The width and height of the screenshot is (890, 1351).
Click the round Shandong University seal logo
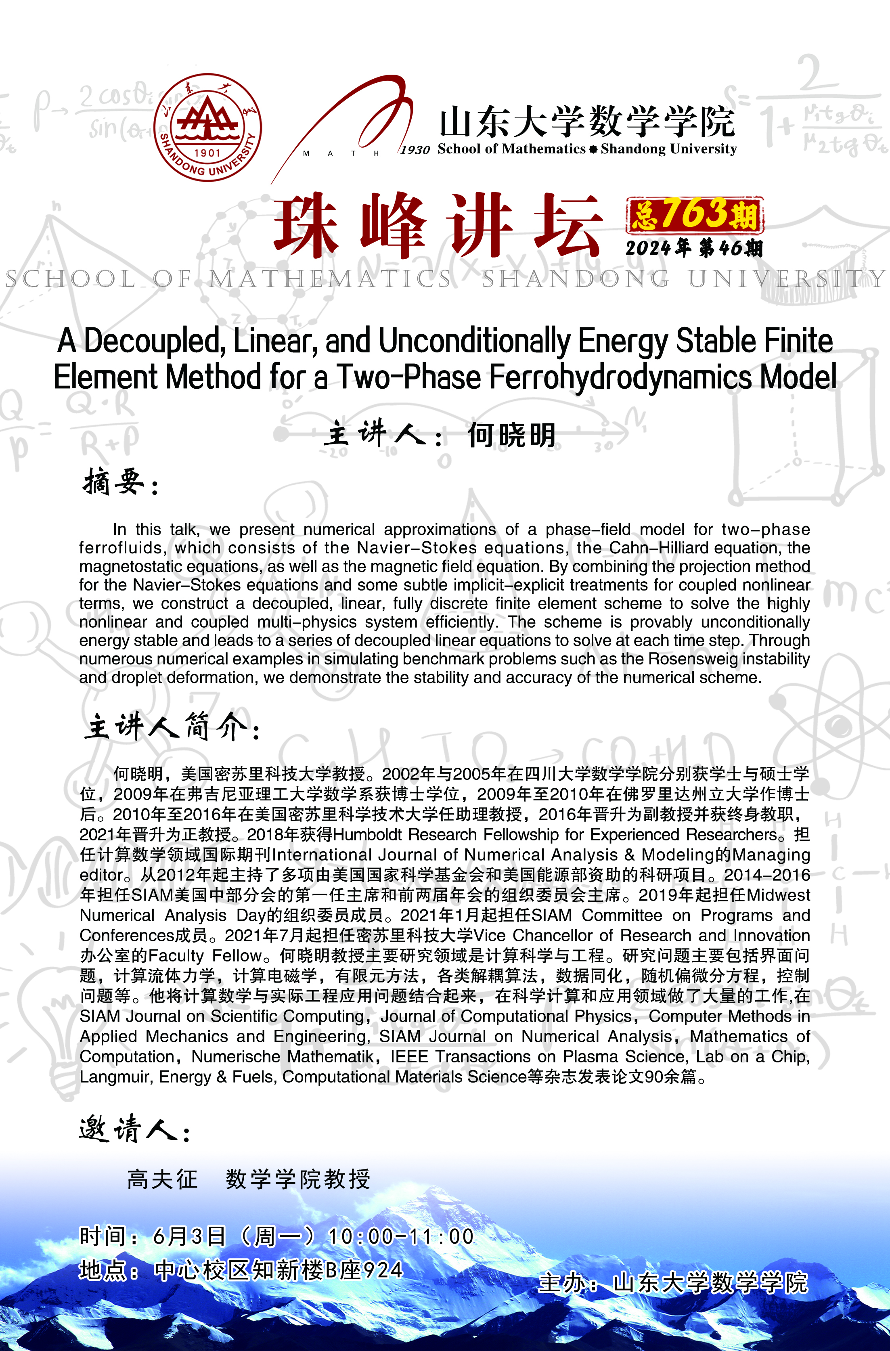tap(208, 127)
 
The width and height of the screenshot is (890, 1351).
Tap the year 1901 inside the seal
tap(207, 153)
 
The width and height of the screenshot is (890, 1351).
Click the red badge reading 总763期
tap(694, 215)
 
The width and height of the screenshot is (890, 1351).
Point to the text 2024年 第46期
tap(693, 248)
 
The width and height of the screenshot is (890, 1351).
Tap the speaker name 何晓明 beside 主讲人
tap(511, 436)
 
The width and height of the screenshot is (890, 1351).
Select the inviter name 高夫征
tap(162, 1179)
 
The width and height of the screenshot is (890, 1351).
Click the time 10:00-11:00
tap(401, 1236)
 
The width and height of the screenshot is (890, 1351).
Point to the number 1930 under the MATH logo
tap(415, 150)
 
